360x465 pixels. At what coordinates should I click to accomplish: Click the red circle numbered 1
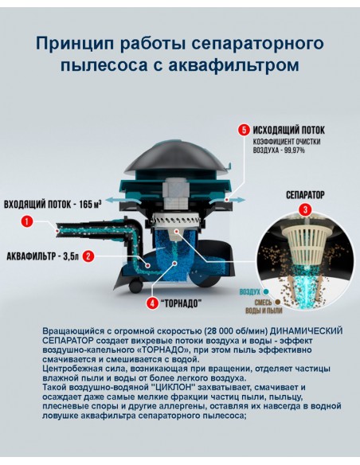tap(27, 221)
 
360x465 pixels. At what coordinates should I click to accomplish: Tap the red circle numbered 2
tap(88, 256)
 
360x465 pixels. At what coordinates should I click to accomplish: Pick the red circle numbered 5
tap(243, 129)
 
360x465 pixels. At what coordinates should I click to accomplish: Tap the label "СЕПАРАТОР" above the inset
tap(305, 193)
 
